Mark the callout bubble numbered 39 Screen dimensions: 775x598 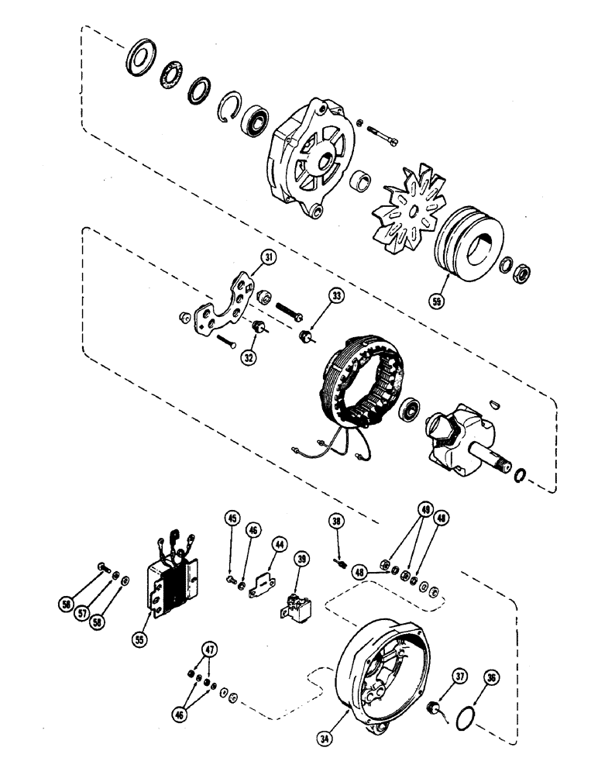point(301,560)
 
